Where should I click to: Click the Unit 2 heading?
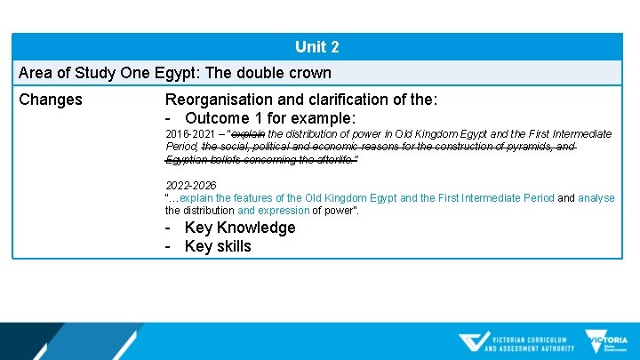coord(317,47)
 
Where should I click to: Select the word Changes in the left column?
coord(51,100)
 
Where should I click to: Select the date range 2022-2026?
coord(190,186)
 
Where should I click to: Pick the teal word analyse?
coord(596,198)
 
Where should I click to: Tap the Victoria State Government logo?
coord(606,342)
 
